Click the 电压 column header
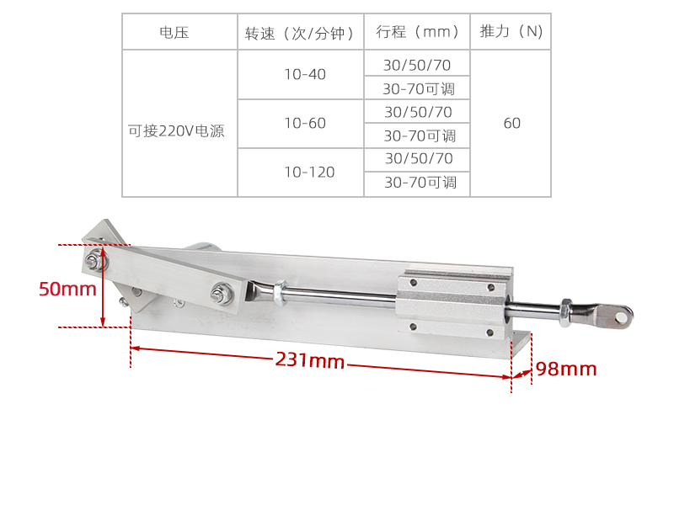tap(174, 33)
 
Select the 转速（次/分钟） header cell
tap(300, 33)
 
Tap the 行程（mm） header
tap(417, 32)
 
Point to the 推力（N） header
tap(511, 31)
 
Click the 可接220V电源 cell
tap(176, 131)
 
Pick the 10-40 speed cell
tap(305, 74)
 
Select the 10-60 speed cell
tap(305, 123)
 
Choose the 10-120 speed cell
tap(309, 173)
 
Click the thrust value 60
tap(512, 123)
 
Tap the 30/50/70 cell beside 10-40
tap(417, 66)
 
